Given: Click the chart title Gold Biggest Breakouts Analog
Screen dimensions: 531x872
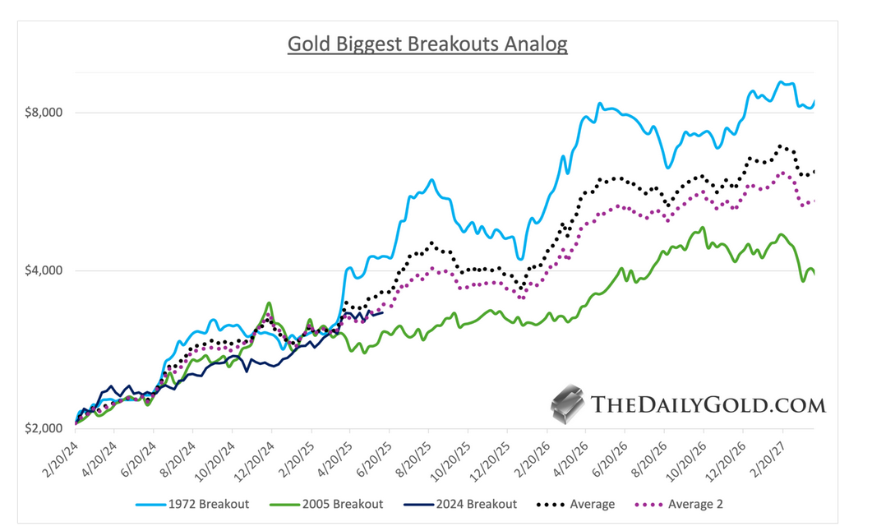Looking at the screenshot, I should coord(427,44).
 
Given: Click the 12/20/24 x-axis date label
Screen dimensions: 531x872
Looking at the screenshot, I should coord(254,456).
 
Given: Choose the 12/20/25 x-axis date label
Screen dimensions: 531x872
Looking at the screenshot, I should coord(490,456).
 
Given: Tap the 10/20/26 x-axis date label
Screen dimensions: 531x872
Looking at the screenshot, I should coord(686,456).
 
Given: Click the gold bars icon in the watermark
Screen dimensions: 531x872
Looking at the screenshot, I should coord(567,404).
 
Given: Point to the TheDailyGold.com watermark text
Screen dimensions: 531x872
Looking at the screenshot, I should coord(708,404).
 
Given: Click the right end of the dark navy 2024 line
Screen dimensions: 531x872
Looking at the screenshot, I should coord(383,312).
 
